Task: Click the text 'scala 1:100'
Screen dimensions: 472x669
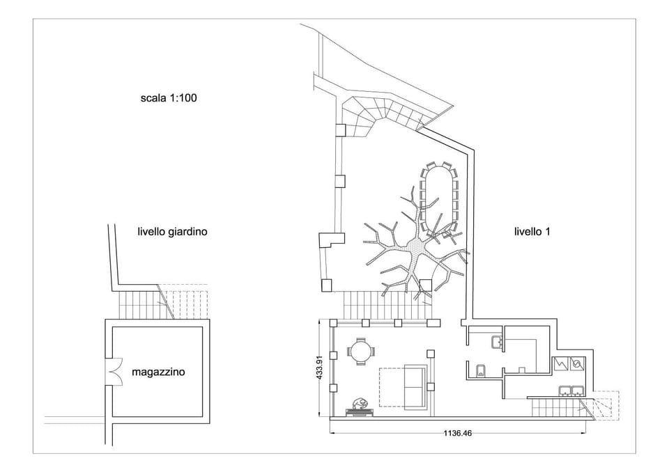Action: click(169, 98)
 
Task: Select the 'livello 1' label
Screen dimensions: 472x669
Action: click(532, 232)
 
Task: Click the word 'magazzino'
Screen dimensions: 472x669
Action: click(158, 372)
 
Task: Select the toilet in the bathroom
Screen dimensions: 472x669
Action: click(481, 369)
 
